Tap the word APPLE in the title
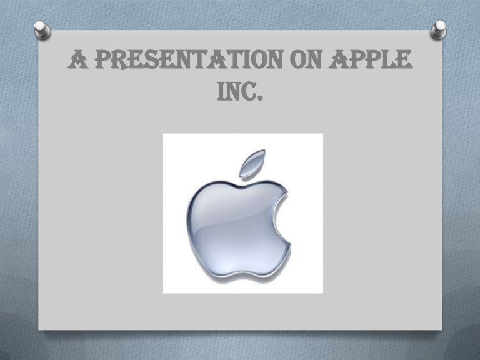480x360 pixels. (375, 62)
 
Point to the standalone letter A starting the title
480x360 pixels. (76, 62)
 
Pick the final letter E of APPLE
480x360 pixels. (406, 62)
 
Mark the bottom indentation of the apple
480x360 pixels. (240, 273)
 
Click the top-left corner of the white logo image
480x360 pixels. (164, 134)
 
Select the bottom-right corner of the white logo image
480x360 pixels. (322, 293)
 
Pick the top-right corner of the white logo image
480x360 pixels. (322, 134)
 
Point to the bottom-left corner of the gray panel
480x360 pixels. (39, 329)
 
